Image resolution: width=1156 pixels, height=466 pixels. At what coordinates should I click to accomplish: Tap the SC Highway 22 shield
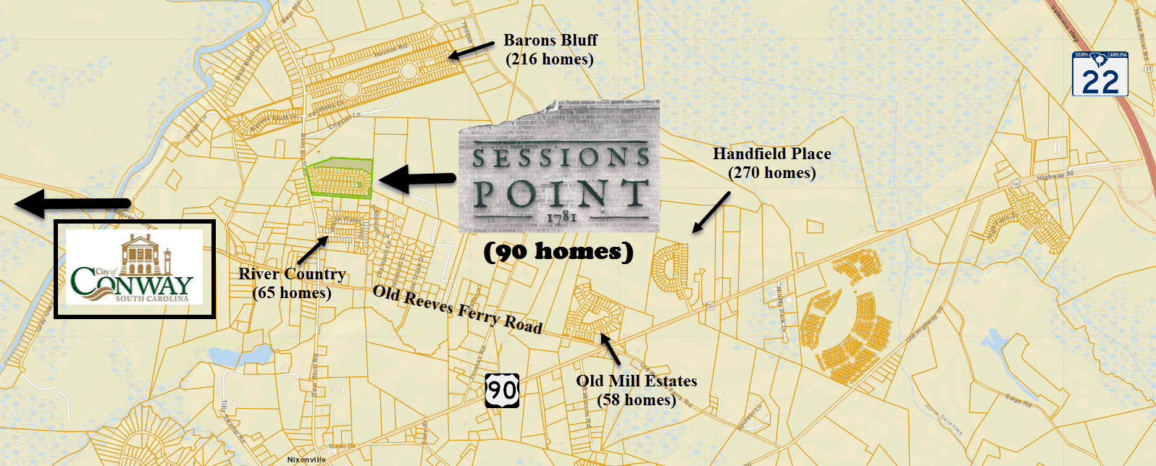coord(1100,74)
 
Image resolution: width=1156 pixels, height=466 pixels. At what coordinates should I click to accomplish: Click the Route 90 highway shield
coord(501,391)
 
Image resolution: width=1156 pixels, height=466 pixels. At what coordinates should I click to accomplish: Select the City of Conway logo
coord(135,268)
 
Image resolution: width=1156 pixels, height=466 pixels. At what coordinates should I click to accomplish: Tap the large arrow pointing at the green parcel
coord(416,179)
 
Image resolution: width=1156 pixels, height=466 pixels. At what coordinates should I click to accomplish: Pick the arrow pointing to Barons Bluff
coord(471,51)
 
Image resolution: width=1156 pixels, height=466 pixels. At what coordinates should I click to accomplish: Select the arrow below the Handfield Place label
coord(711,213)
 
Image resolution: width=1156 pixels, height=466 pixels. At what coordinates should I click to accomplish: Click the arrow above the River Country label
coord(312,250)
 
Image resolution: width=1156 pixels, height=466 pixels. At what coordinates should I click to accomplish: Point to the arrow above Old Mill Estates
coord(611,349)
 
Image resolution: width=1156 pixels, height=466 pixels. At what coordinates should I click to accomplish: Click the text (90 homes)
coord(558,252)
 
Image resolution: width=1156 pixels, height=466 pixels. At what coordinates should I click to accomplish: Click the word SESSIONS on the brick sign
coord(560,157)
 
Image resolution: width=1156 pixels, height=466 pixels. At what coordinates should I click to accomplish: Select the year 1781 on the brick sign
coord(561,216)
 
